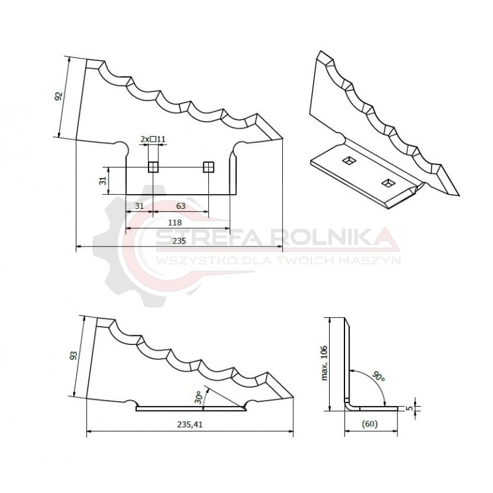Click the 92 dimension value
(x=59, y=96)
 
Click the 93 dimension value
(x=73, y=356)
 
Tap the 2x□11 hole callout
(x=153, y=139)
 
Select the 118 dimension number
(x=175, y=222)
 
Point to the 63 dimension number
(x=181, y=206)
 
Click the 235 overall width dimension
(x=179, y=241)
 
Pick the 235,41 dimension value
(x=190, y=425)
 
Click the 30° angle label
(x=198, y=397)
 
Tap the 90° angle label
(x=378, y=377)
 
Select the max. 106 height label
(x=325, y=363)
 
